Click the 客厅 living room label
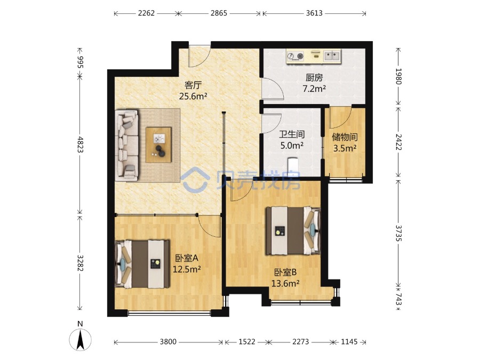pos(193,85)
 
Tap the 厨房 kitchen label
pos(314,78)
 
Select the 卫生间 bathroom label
pos(292,134)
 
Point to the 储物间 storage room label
pos(345,137)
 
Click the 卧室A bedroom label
pos(187,258)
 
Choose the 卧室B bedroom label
pos(285,272)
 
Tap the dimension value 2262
pos(146,13)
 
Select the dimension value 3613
pos(314,13)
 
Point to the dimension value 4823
pos(80,144)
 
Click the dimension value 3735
pos(398,233)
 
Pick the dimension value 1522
pos(247,342)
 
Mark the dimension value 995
pos(80,61)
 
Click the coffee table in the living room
pos(158,145)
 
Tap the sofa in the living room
pos(127,145)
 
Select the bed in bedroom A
pos(142,264)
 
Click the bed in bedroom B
pos(293,231)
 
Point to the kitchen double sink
pos(332,55)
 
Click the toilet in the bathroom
pos(293,167)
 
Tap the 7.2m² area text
pos(314,89)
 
